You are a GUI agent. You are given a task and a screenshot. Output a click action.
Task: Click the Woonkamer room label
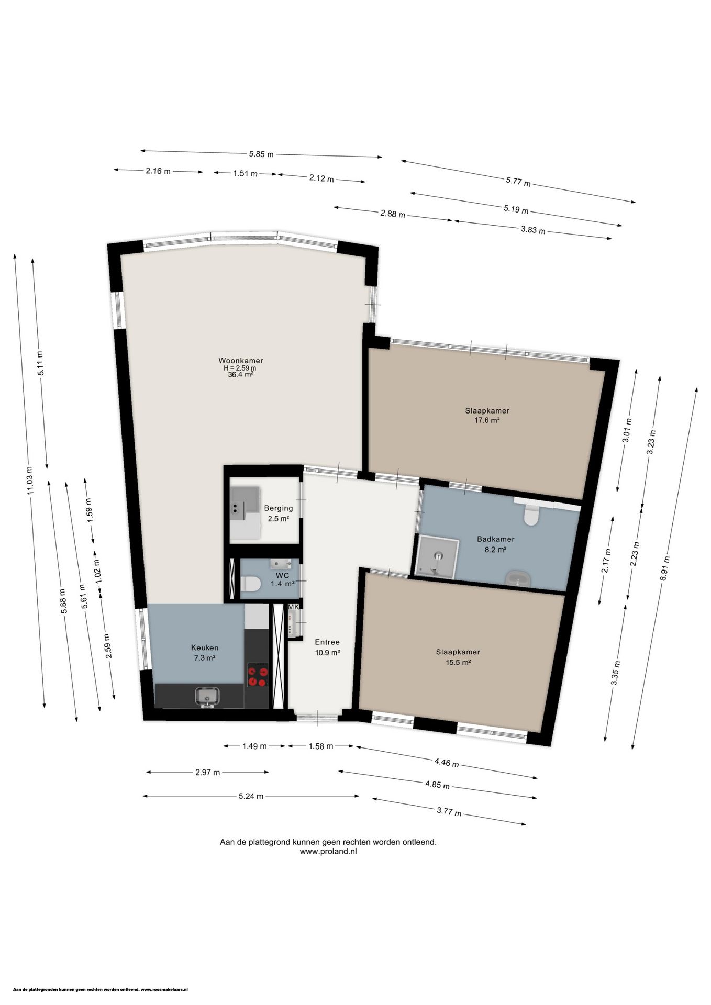pos(241,361)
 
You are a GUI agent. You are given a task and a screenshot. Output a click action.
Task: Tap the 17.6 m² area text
pos(486,420)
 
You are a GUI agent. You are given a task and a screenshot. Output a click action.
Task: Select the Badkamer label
pos(495,539)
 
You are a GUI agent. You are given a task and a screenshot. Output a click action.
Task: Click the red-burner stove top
pos(258,675)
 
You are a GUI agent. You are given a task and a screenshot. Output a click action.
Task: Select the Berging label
pos(278,508)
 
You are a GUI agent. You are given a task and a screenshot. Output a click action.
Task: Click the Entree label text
pos(327,642)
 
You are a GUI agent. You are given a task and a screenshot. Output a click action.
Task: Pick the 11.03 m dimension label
pos(30,481)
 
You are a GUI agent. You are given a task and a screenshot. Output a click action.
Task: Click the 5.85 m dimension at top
pos(261,154)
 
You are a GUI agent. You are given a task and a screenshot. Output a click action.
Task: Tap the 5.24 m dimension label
pos(251,796)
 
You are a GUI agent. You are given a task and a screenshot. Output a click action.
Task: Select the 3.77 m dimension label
pos(449,812)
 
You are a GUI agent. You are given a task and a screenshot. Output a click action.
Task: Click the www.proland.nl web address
pos(328,852)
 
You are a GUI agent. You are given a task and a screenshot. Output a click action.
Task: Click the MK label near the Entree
pos(293,607)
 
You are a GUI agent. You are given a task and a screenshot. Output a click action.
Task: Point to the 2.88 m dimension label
pos(392,214)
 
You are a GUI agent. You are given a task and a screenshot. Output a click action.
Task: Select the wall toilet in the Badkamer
pos(531,516)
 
